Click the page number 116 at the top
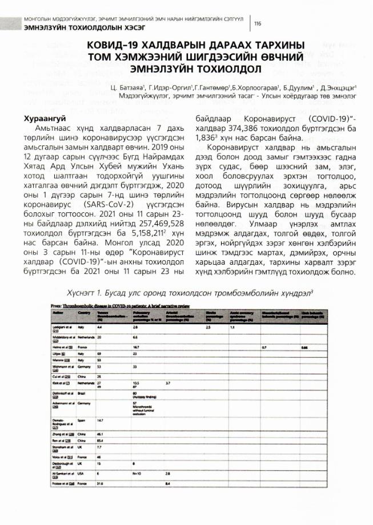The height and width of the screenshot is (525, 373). point(258,23)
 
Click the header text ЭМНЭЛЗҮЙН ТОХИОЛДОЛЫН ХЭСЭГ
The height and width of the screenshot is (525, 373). point(74,29)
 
